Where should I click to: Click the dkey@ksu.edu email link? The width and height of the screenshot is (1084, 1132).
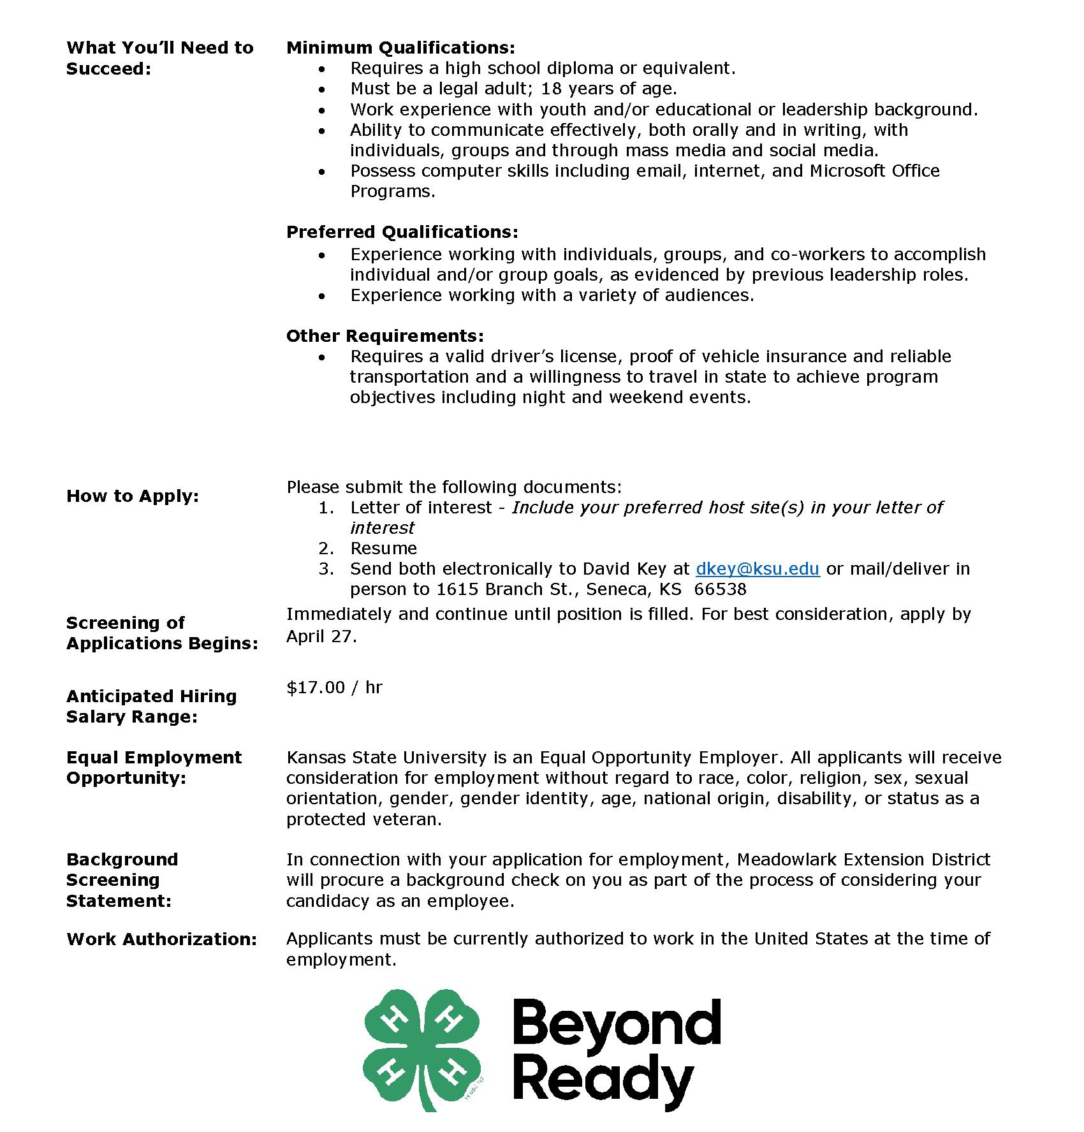point(757,568)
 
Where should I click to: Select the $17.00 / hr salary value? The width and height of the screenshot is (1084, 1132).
point(334,687)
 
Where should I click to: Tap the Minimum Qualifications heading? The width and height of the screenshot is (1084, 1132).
point(400,48)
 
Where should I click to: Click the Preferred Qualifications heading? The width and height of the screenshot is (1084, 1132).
point(402,232)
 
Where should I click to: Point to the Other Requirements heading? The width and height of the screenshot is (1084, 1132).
point(385,335)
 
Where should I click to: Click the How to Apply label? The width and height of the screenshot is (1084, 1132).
point(133,496)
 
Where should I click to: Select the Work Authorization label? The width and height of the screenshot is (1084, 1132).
point(161,939)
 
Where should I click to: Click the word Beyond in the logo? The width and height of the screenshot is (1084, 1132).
point(616,1024)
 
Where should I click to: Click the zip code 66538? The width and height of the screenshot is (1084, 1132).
point(720,589)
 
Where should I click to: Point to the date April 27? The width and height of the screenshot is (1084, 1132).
point(321,636)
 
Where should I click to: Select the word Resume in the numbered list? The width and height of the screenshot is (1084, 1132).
point(383,548)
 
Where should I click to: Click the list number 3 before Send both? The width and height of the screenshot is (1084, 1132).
point(325,569)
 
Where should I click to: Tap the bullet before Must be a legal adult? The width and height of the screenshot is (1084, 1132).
point(322,89)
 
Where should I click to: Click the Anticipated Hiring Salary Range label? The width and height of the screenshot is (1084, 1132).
point(151,706)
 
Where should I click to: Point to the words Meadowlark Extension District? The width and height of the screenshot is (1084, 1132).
point(863,860)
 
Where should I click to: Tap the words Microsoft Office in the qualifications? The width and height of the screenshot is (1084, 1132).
point(874,171)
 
